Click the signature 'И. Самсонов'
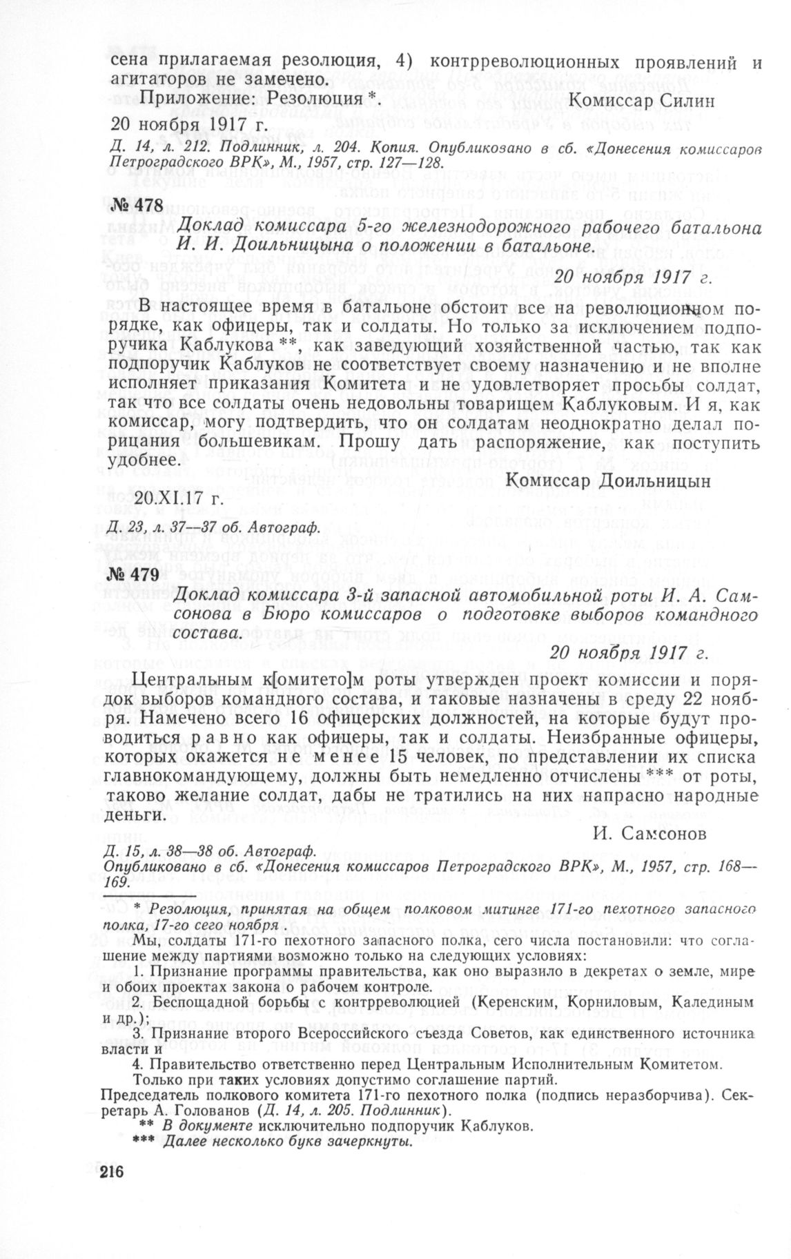point(649,834)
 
